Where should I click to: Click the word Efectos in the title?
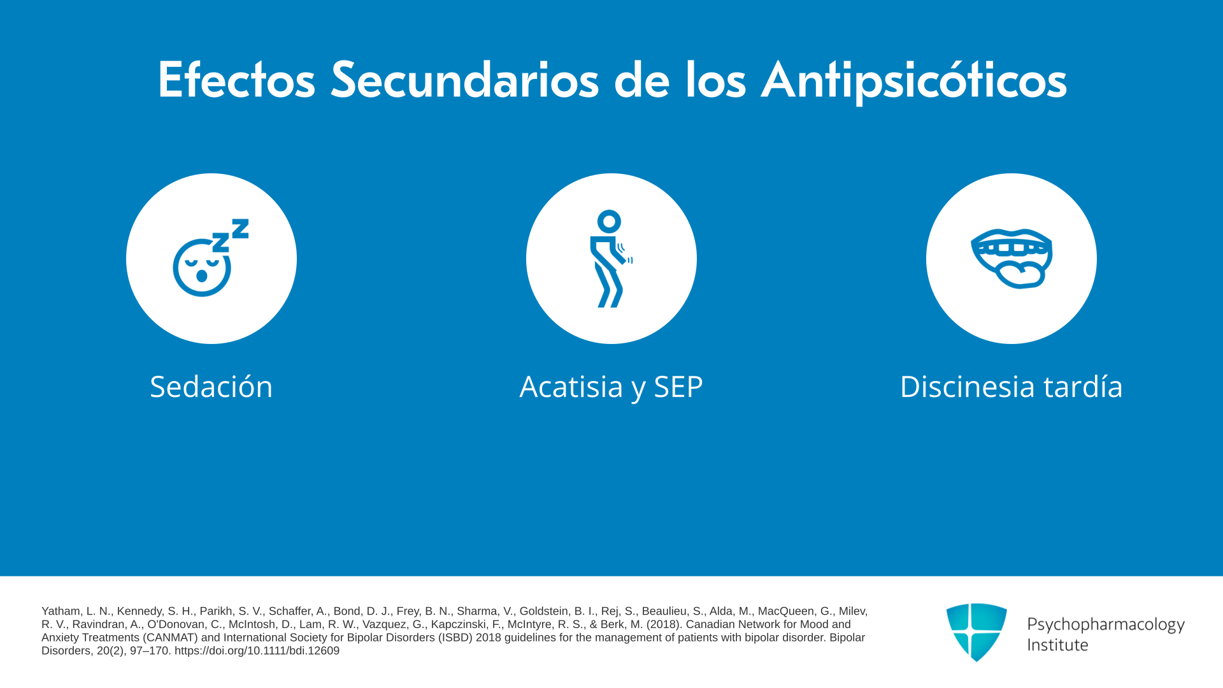(x=236, y=80)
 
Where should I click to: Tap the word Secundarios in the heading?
(x=465, y=80)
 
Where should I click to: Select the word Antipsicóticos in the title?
(x=914, y=81)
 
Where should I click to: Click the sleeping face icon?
(x=211, y=258)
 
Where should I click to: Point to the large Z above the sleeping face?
(x=240, y=228)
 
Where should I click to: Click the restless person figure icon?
(x=611, y=259)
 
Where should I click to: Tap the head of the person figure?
(x=609, y=222)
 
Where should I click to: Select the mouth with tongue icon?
(x=1012, y=259)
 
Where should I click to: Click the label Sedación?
(x=211, y=387)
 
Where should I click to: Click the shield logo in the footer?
(x=976, y=632)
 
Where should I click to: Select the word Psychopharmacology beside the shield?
(x=1106, y=625)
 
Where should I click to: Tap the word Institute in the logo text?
(x=1057, y=645)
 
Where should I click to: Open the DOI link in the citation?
(x=257, y=651)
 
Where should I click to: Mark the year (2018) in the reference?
(x=665, y=625)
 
